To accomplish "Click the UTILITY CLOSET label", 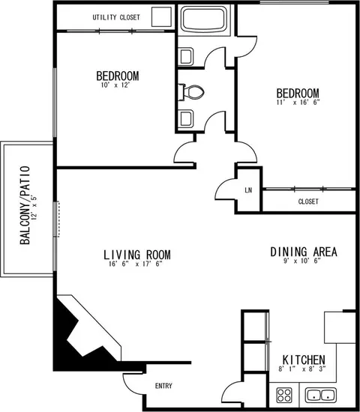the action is pyautogui.click(x=116, y=17).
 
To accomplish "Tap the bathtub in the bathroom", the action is pyautogui.click(x=204, y=19).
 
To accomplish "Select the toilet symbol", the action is pyautogui.click(x=191, y=92).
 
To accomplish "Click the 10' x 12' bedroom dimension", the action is pyautogui.click(x=115, y=85).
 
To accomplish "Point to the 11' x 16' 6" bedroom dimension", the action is pyautogui.click(x=298, y=102).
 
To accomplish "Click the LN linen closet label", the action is pyautogui.click(x=248, y=190).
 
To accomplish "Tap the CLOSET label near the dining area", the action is pyautogui.click(x=308, y=202).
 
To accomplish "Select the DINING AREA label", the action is pyautogui.click(x=304, y=252).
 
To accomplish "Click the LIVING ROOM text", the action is pyautogui.click(x=137, y=255).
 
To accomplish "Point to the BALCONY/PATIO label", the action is pyautogui.click(x=25, y=205).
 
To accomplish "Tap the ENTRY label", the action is pyautogui.click(x=163, y=386).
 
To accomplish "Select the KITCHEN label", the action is pyautogui.click(x=304, y=360).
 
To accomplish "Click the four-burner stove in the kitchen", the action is pyautogui.click(x=284, y=395).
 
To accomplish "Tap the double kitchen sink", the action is pyautogui.click(x=321, y=395).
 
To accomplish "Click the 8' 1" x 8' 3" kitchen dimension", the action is pyautogui.click(x=302, y=369).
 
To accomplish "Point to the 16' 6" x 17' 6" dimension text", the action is pyautogui.click(x=136, y=264).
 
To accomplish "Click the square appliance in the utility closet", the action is pyautogui.click(x=161, y=16).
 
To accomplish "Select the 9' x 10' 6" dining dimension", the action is pyautogui.click(x=302, y=261).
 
